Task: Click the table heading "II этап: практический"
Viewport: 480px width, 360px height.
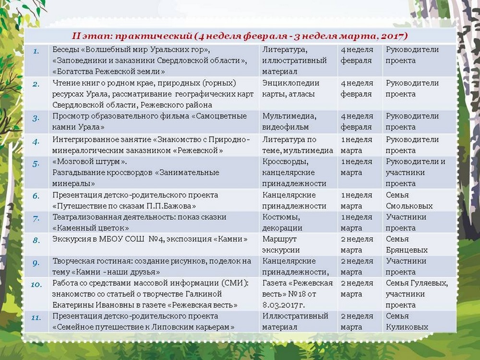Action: (x=240, y=36)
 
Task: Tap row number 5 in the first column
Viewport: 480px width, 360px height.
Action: (x=36, y=162)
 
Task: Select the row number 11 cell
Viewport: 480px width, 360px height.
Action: (x=36, y=316)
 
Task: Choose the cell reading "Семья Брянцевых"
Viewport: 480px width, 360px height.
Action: (x=407, y=244)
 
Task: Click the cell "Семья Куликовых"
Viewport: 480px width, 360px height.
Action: (x=407, y=322)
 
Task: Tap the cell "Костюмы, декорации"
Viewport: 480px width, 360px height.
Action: (x=283, y=223)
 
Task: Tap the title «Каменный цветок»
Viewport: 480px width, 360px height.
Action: (x=91, y=228)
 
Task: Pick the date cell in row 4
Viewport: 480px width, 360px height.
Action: (x=356, y=145)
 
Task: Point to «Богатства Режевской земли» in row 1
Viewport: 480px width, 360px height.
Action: (x=109, y=72)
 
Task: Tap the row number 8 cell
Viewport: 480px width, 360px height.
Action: (x=36, y=239)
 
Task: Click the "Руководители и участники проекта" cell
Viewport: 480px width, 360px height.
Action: (x=416, y=172)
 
